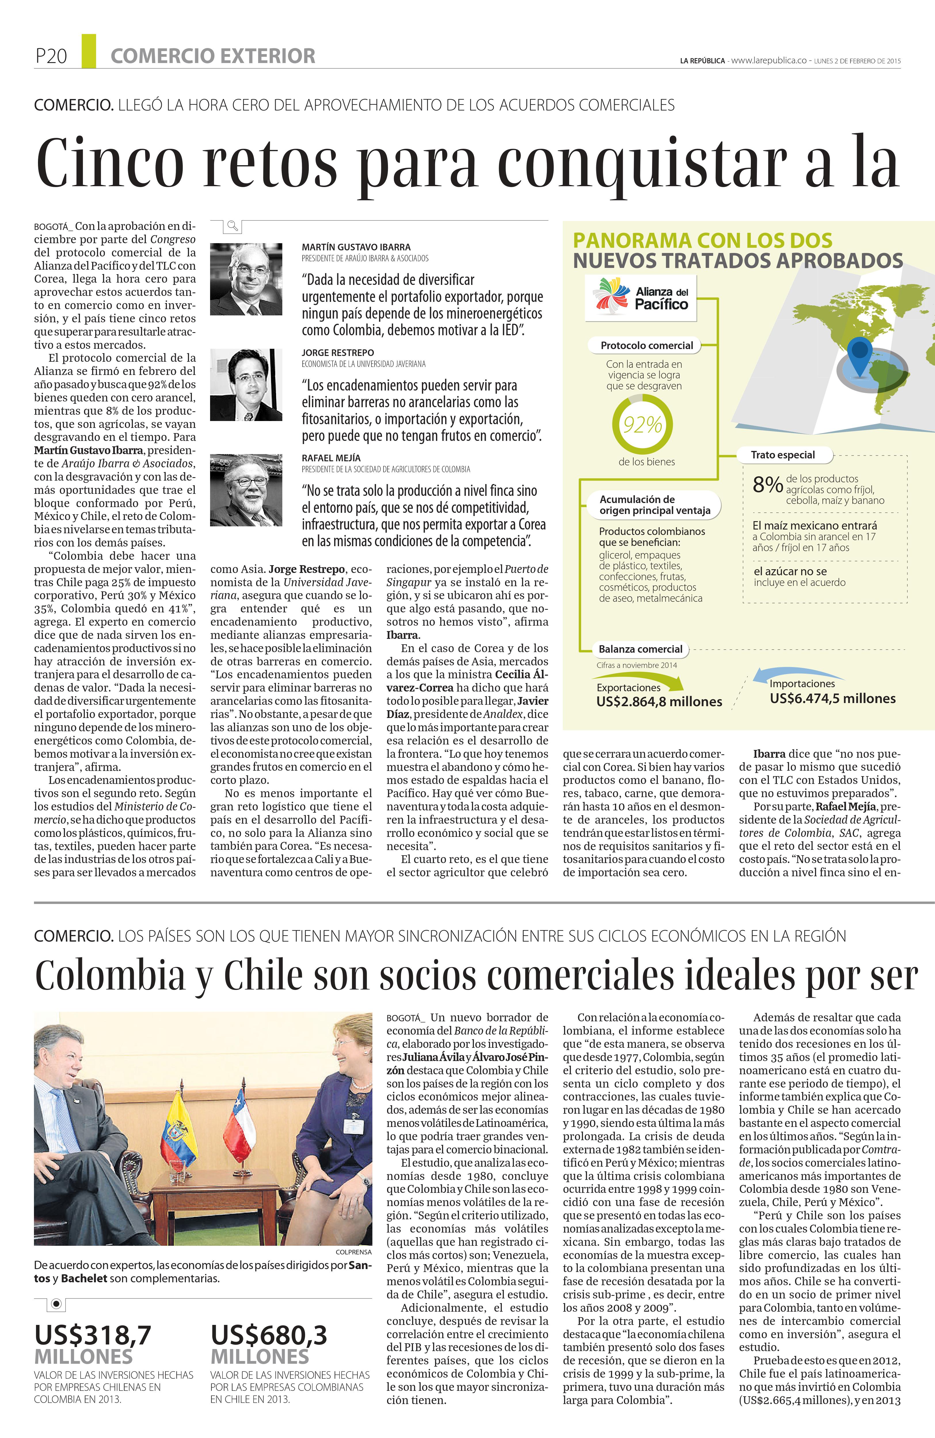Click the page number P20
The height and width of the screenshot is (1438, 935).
pos(51,56)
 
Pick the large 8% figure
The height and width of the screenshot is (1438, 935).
pos(767,485)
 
